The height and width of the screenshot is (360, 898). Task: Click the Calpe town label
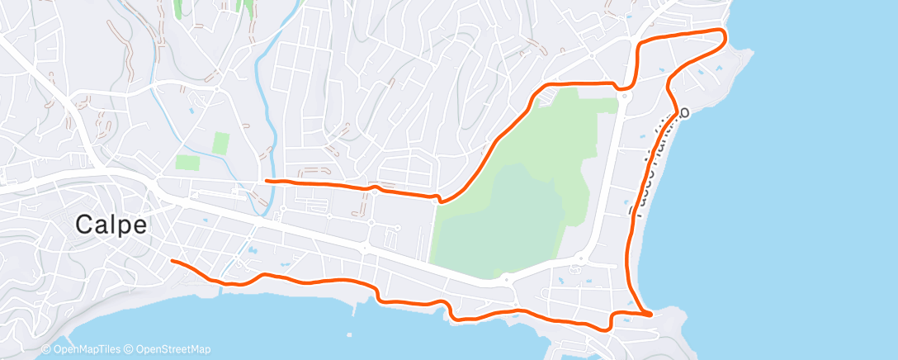[x=111, y=224]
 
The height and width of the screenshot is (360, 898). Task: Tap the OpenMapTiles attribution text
[x=87, y=349]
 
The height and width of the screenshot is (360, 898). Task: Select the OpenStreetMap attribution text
[x=173, y=349]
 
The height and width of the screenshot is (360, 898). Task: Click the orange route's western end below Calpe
[x=172, y=261]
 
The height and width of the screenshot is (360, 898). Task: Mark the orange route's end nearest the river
[x=265, y=180]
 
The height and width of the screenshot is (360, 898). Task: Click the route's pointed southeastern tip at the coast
[x=651, y=314]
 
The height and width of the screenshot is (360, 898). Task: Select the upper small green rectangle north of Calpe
[x=220, y=143]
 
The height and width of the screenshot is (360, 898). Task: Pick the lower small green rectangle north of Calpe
[x=187, y=163]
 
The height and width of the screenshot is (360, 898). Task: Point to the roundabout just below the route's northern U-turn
[x=625, y=96]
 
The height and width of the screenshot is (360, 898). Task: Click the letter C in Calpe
[x=84, y=224]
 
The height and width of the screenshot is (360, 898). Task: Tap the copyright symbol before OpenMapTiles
[x=46, y=349]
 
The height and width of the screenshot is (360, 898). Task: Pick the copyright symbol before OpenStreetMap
[x=130, y=349]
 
